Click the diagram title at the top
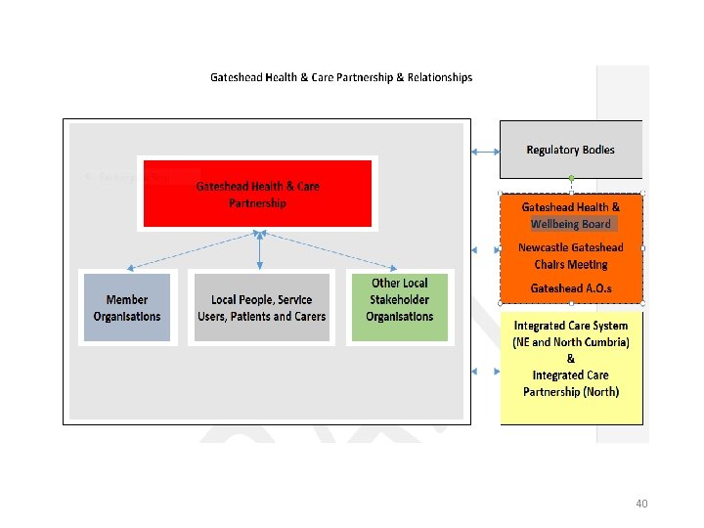pos(341,77)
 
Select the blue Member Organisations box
pos(126,307)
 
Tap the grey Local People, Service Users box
pos(261,307)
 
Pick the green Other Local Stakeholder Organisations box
pos(399,307)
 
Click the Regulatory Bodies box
pos(570,150)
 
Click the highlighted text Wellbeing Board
pos(570,223)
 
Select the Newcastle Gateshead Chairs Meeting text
pos(570,256)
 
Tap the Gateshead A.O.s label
pos(570,288)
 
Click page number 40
pos(641,504)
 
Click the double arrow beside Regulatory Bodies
pos(485,151)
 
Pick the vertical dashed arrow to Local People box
pos(259,250)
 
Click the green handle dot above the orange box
pos(571,178)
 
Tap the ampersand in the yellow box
pos(571,359)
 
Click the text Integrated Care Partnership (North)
pos(571,383)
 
